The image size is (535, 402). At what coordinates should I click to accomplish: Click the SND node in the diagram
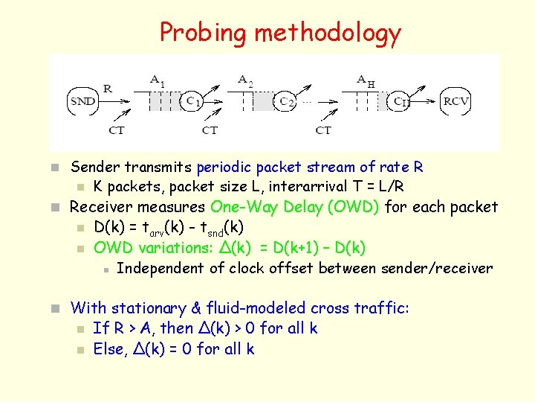click(x=82, y=101)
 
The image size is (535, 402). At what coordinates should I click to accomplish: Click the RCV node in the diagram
click(x=455, y=101)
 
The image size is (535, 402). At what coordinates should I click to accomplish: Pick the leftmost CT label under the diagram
click(x=116, y=130)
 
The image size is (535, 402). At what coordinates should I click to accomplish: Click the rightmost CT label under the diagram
click(x=323, y=130)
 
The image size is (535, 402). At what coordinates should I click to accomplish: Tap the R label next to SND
click(x=108, y=88)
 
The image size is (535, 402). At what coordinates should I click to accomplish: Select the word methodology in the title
click(x=328, y=33)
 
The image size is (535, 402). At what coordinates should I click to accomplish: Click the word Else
click(x=108, y=348)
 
